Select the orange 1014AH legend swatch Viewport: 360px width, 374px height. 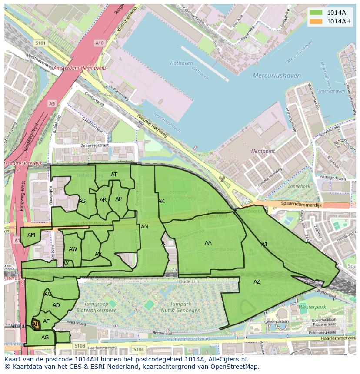point(316,21)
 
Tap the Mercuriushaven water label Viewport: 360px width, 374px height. point(277,76)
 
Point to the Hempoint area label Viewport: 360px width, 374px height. point(263,151)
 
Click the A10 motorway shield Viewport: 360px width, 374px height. point(100,43)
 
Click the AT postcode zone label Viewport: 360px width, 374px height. point(114,175)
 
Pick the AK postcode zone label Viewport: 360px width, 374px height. point(161,201)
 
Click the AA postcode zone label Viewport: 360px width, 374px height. point(208,243)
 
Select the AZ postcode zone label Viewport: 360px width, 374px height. point(257,282)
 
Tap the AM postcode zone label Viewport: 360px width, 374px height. point(31,235)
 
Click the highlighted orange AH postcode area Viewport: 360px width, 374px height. point(36,324)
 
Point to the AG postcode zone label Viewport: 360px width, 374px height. point(45,338)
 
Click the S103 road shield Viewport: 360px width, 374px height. point(80,346)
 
